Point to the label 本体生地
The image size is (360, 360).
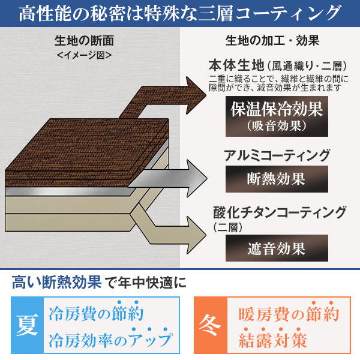[236, 66]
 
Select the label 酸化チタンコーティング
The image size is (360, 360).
[280, 212]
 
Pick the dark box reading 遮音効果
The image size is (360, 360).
[277, 248]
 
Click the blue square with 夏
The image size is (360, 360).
[26, 325]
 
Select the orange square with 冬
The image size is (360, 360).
[209, 325]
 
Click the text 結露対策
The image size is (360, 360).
[273, 340]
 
